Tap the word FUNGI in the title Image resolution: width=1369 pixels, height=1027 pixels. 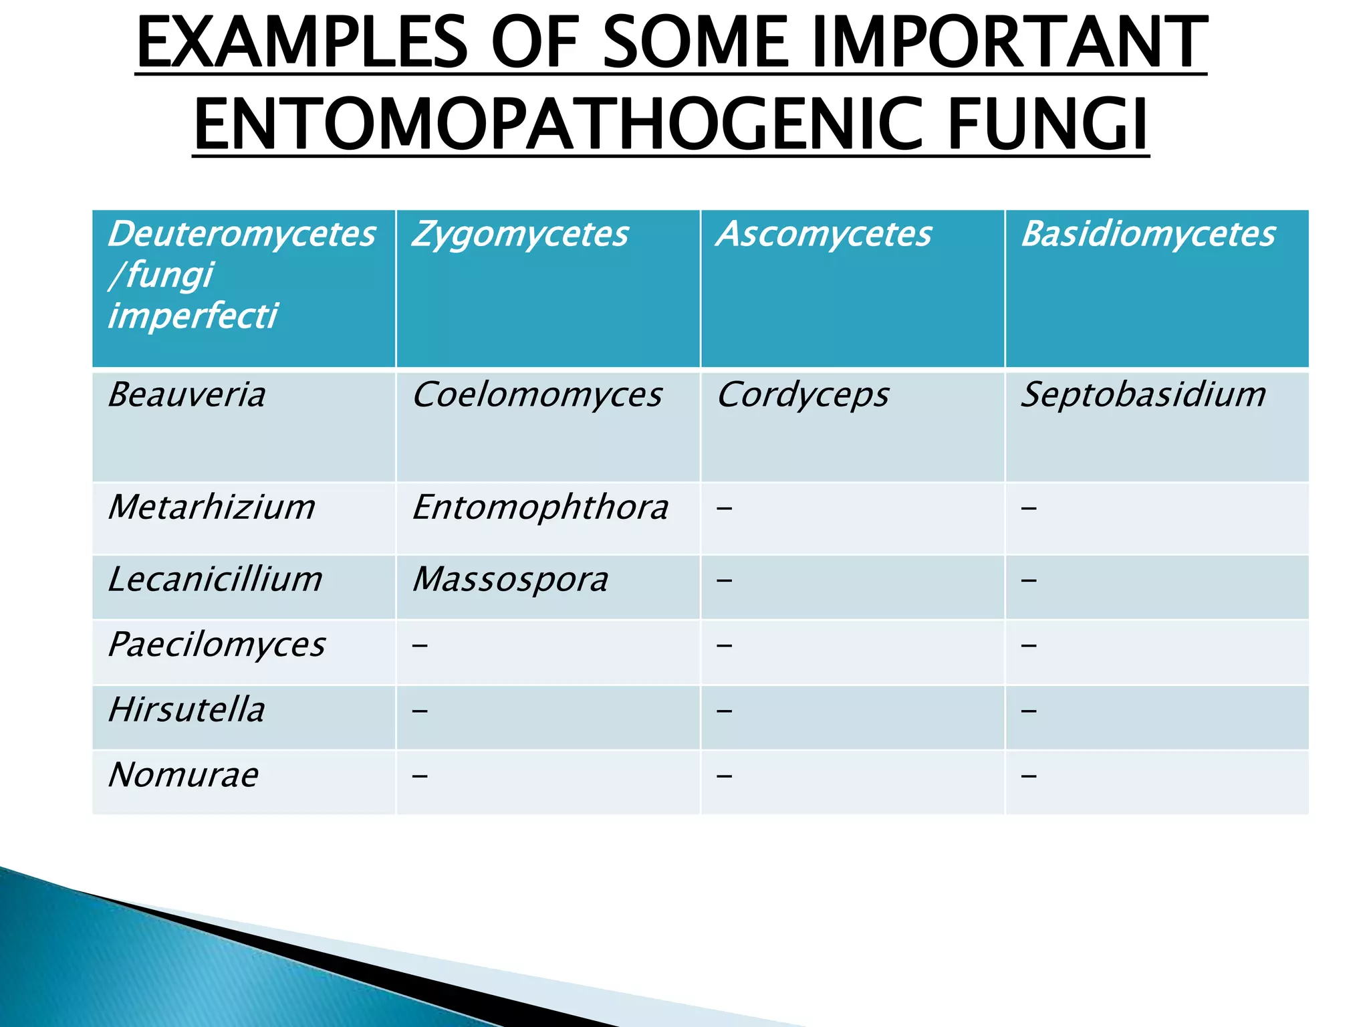(x=1047, y=124)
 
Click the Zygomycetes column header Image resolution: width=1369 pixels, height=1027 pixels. (x=520, y=235)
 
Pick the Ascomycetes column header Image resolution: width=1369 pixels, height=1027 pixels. (x=824, y=235)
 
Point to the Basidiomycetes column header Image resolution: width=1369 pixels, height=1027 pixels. (x=1148, y=235)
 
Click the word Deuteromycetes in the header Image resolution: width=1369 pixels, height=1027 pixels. (x=241, y=235)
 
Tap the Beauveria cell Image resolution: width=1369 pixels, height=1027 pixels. (x=186, y=394)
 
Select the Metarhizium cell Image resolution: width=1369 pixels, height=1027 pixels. (x=211, y=507)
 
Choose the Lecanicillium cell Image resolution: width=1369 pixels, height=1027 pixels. (x=215, y=579)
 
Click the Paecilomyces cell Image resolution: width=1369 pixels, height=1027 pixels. (x=217, y=645)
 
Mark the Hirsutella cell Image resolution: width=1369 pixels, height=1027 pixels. (x=186, y=709)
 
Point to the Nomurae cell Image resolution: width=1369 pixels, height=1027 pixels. (x=183, y=775)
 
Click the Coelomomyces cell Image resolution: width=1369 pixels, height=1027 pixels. (x=537, y=394)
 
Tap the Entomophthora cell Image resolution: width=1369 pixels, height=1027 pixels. (x=540, y=507)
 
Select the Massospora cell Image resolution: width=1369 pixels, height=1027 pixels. (x=510, y=579)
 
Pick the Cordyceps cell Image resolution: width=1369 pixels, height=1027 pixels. (x=802, y=394)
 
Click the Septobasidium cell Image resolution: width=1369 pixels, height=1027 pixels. (x=1143, y=394)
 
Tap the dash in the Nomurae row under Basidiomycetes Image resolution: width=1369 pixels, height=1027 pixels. (x=1029, y=776)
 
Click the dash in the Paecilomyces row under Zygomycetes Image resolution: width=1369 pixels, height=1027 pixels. (x=419, y=646)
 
